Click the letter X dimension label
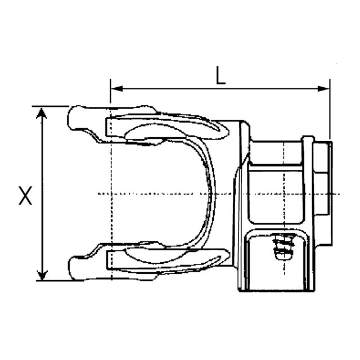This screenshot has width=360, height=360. [25, 196]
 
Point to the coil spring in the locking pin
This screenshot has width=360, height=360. [280, 247]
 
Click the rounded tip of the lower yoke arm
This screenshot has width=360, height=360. [71, 266]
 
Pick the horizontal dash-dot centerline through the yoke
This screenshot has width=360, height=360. [169, 193]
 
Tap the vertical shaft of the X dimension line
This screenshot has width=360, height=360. [41, 169]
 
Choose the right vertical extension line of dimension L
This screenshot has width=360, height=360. [330, 112]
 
